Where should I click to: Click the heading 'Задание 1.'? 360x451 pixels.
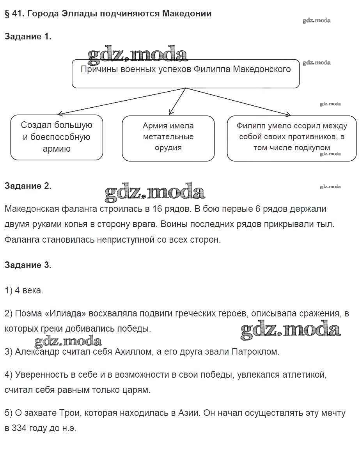click(28, 37)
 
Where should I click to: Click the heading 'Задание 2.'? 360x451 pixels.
click(28, 186)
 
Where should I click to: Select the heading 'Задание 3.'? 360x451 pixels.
click(28, 265)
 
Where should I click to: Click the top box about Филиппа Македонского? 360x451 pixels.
click(186, 74)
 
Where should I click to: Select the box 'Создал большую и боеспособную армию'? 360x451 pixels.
click(57, 137)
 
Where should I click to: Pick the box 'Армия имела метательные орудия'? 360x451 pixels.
click(168, 137)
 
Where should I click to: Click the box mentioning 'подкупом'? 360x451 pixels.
click(291, 137)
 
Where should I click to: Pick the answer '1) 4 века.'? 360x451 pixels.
click(24, 290)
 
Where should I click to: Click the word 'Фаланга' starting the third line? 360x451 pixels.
click(22, 240)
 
